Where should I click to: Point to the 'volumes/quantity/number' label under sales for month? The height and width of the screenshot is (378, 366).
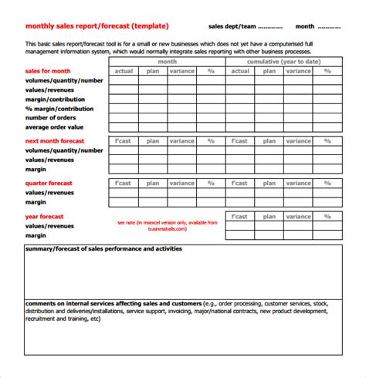pos(64,79)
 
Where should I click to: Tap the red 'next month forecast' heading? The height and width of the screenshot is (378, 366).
pos(55,141)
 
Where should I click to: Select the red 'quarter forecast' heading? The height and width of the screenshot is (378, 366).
pos(50,184)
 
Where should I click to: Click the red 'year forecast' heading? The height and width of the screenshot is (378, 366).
pos(44,217)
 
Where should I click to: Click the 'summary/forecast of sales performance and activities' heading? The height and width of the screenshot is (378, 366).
pos(103,249)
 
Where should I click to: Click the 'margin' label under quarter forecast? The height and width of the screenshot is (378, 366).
pos(36,202)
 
